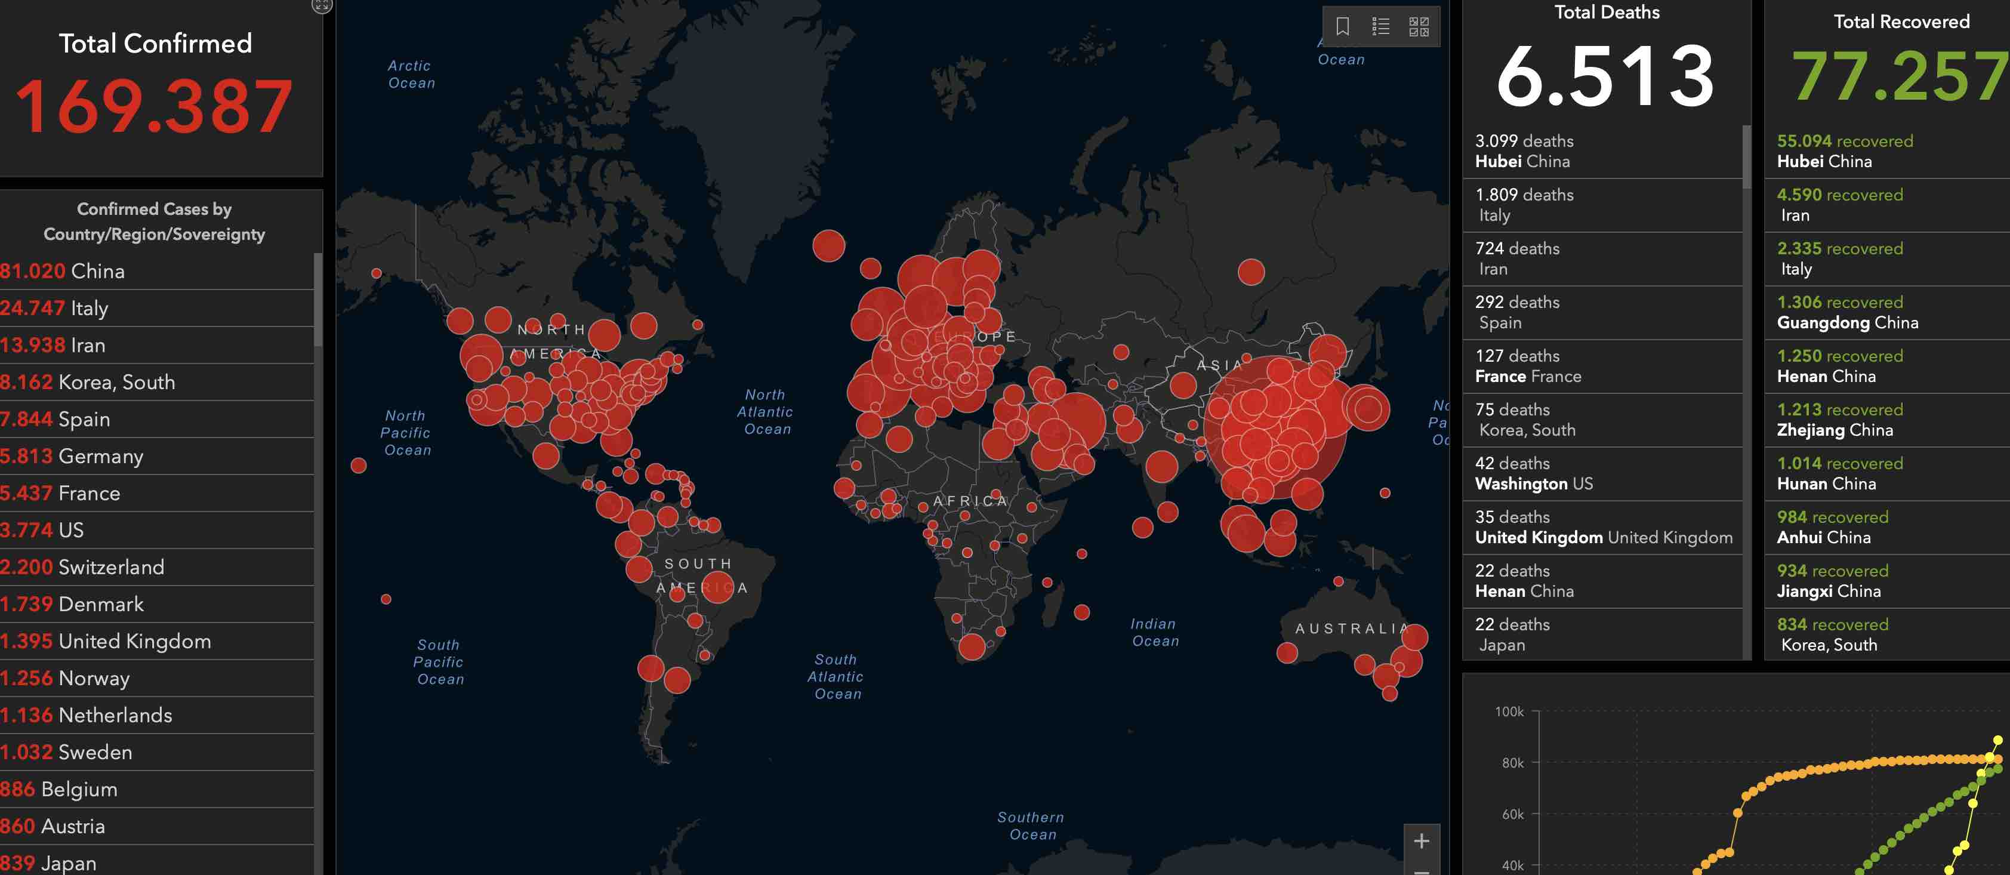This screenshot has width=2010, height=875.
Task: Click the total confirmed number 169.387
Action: tap(155, 107)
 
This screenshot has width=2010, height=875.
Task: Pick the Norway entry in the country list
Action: tap(66, 678)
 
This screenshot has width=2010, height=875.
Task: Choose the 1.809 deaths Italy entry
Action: tap(1524, 205)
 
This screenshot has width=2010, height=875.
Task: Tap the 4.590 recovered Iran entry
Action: tap(1839, 205)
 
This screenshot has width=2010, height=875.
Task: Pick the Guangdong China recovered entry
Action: tap(1847, 312)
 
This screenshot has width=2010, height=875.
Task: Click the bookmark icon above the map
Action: tap(1342, 26)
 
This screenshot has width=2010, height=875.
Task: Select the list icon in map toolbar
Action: tap(1380, 26)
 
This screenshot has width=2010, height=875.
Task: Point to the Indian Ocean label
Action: tap(1155, 632)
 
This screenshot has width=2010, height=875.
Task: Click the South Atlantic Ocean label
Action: tap(837, 677)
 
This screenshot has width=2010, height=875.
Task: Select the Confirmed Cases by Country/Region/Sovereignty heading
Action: tap(155, 221)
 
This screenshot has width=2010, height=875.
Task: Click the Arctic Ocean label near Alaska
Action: tap(411, 74)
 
